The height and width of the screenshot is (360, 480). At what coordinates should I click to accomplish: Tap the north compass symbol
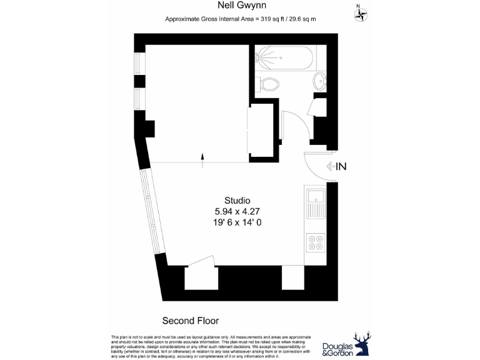pyautogui.click(x=360, y=14)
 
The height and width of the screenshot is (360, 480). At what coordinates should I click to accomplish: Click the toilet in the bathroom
pyautogui.click(x=269, y=83)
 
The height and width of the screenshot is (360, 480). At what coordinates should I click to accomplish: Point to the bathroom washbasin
pyautogui.click(x=319, y=80)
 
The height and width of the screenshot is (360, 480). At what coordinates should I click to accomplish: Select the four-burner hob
pyautogui.click(x=316, y=241)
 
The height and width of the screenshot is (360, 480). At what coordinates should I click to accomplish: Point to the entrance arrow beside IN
pyautogui.click(x=331, y=166)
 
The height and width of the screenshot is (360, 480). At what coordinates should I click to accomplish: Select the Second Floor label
pyautogui.click(x=191, y=321)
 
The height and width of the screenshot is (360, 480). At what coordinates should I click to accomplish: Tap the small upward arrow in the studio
pyautogui.click(x=202, y=159)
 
